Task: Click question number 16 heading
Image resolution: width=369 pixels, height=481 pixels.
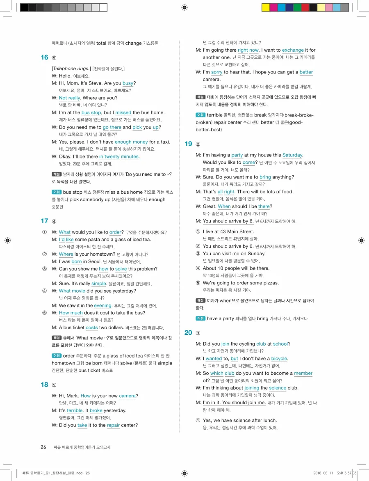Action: point(44,57)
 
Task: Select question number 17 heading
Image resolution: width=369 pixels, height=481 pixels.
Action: point(44,221)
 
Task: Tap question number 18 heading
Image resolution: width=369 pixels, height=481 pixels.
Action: point(44,385)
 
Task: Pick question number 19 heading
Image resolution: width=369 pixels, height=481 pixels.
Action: point(188,144)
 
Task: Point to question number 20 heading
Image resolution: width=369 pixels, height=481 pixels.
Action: point(188,333)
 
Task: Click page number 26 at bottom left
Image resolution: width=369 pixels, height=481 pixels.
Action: point(43,447)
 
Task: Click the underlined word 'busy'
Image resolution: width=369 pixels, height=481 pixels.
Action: point(128,83)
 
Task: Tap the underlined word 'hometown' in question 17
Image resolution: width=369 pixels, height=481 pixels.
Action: point(96,254)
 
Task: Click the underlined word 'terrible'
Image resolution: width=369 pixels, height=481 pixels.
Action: point(75,411)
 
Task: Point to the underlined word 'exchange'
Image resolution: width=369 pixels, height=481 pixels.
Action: point(293,50)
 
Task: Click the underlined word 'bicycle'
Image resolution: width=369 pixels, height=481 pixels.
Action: point(279,359)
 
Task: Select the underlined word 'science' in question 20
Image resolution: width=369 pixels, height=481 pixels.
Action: point(278,388)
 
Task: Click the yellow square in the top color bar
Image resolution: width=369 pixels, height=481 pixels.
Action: point(265,7)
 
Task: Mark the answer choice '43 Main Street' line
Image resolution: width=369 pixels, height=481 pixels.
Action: point(228,232)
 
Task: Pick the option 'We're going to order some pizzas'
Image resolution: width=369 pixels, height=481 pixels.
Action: point(241,283)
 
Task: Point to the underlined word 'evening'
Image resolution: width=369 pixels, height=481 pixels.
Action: point(102,306)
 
